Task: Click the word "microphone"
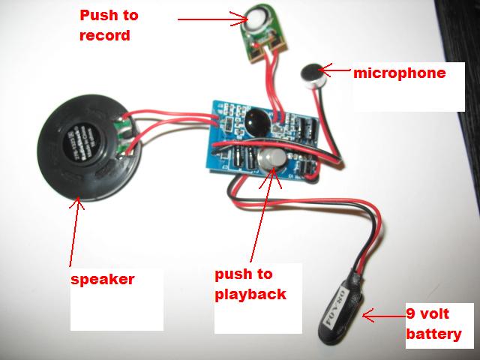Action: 399,73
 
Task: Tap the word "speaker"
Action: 102,279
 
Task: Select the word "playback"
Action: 250,294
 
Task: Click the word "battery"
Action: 433,334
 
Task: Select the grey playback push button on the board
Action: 271,159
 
